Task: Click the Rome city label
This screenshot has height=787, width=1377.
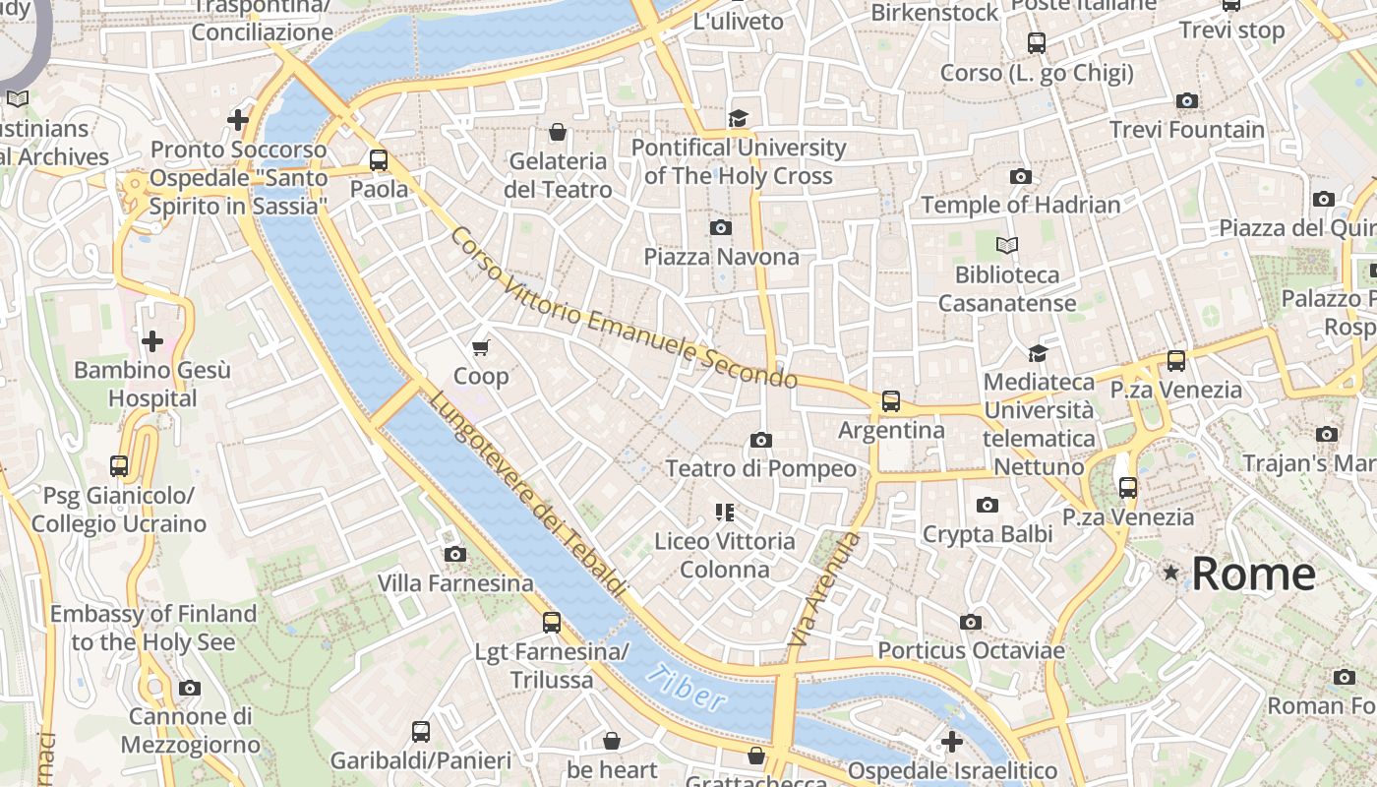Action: (1253, 574)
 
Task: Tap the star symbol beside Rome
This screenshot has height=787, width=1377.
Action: (1170, 572)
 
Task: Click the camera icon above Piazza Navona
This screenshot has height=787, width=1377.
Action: (720, 227)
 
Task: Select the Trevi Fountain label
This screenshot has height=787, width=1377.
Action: (1187, 129)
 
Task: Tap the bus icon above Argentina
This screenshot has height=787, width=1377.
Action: (890, 400)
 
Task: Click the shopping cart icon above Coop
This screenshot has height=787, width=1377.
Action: (481, 347)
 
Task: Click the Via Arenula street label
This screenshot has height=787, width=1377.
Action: (824, 588)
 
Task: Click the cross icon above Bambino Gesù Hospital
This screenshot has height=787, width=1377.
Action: (152, 341)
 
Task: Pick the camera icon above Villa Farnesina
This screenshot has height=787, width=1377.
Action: (454, 554)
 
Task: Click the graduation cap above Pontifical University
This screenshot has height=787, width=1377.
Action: (738, 119)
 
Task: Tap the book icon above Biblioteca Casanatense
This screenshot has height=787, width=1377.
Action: (1006, 245)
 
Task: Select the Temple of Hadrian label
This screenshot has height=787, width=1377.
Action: (1021, 205)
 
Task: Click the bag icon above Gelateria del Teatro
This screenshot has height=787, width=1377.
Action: (558, 132)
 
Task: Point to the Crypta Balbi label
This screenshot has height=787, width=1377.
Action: (988, 534)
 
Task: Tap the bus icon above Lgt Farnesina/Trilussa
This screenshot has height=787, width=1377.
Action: (551, 622)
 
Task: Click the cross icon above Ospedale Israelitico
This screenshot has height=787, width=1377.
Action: (951, 741)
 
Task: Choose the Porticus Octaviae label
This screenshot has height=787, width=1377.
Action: (971, 650)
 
